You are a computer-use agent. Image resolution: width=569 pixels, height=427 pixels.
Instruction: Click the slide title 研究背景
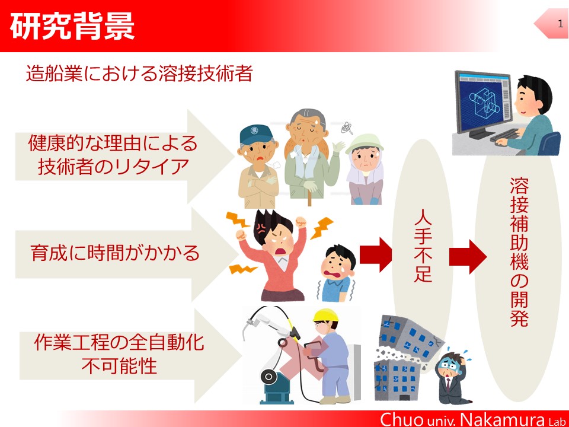72,26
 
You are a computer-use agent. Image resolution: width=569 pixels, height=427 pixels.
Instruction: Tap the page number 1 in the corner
560,24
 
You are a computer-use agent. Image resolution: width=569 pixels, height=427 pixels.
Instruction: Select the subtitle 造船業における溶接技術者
139,74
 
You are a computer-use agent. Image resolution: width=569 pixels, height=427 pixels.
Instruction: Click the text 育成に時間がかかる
114,253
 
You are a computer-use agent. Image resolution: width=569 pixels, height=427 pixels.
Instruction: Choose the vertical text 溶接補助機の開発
519,252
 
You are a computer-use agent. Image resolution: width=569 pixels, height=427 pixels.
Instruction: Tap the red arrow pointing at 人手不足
376,255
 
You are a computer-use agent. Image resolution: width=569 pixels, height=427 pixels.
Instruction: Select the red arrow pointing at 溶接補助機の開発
468,257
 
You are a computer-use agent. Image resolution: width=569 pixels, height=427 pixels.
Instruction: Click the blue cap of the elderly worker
256,135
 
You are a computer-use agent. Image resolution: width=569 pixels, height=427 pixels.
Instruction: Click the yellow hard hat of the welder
325,315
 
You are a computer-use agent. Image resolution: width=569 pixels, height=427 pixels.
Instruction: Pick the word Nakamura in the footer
502,419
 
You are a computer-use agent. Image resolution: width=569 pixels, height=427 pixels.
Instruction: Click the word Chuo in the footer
402,419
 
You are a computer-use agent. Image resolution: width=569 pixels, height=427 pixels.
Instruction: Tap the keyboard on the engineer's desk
506,135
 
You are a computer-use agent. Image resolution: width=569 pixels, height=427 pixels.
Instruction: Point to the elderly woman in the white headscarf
365,169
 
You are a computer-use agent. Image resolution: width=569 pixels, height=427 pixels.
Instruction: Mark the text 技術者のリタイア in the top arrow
113,167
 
